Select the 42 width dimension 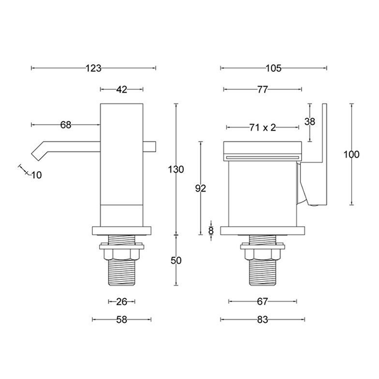coord(122,90)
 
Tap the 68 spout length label coord(66,125)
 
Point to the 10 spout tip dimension coord(35,175)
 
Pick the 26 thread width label coord(122,301)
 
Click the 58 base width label coord(122,320)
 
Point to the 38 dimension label coord(310,121)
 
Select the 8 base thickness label coord(211,231)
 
